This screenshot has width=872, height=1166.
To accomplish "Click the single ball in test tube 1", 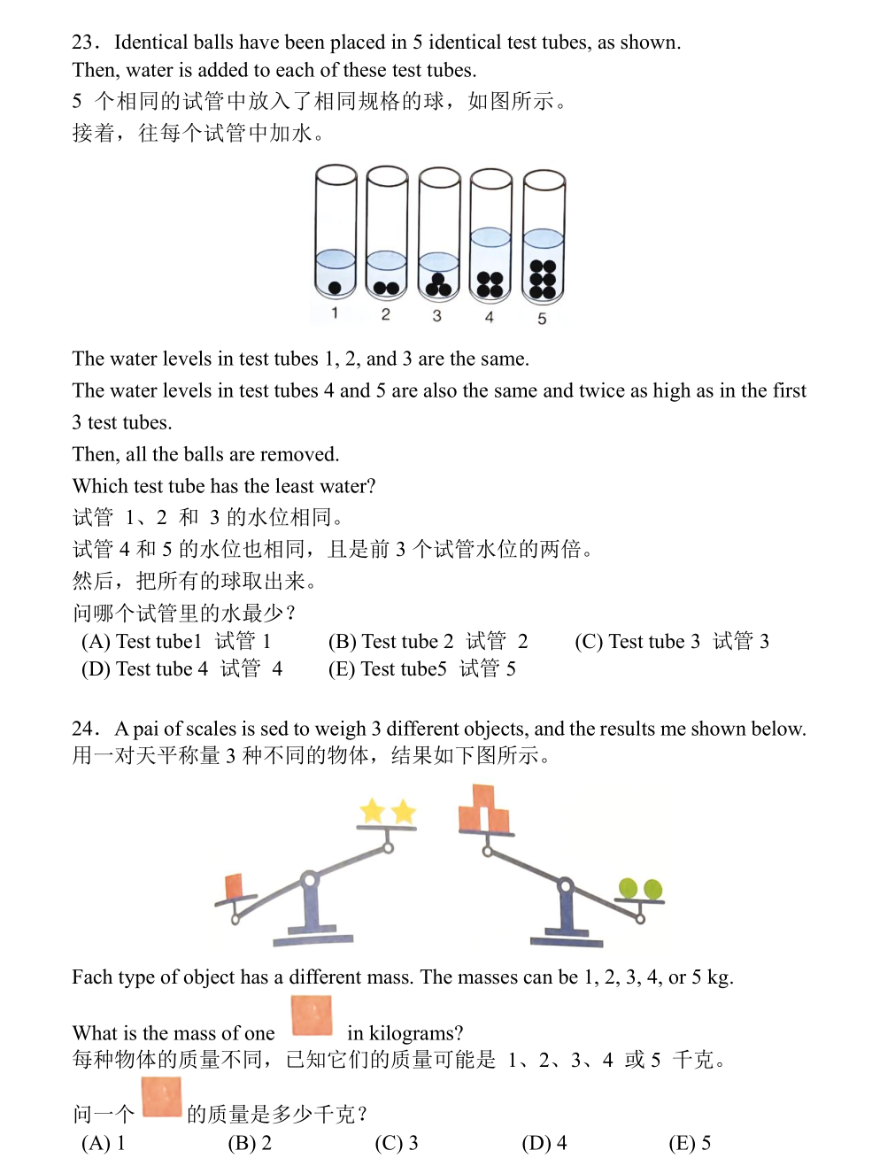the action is coord(335,287).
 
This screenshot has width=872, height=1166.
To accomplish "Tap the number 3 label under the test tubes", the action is coord(436,315).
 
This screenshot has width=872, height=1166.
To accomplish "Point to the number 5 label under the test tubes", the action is coord(542,319).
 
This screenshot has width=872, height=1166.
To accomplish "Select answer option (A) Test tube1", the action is coord(176,641).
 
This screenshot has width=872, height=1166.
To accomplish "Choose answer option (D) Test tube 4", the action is coord(181,668).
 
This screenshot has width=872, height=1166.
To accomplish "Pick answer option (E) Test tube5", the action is coord(421,668).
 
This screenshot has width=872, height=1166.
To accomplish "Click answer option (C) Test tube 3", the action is coord(671,641).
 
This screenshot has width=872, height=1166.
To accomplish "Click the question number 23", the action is coord(84,42).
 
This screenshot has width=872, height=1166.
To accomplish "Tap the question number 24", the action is coord(84,729).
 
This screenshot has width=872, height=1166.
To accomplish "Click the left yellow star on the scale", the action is coord(373,810).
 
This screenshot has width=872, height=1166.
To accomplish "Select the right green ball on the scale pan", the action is coord(652,889).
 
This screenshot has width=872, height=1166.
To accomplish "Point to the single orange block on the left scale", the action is coord(235,885).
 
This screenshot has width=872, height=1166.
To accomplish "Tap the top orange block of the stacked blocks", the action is coord(483,795).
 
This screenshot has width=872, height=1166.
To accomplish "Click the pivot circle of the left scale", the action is coord(309,880).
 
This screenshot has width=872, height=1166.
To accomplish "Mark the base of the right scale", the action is coord(567,939).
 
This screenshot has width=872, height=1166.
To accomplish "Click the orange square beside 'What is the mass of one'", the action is coord(312,1015).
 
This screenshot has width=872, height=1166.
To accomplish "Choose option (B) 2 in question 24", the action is coord(250,1143).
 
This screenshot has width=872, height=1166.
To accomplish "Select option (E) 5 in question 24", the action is coord(690,1143).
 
